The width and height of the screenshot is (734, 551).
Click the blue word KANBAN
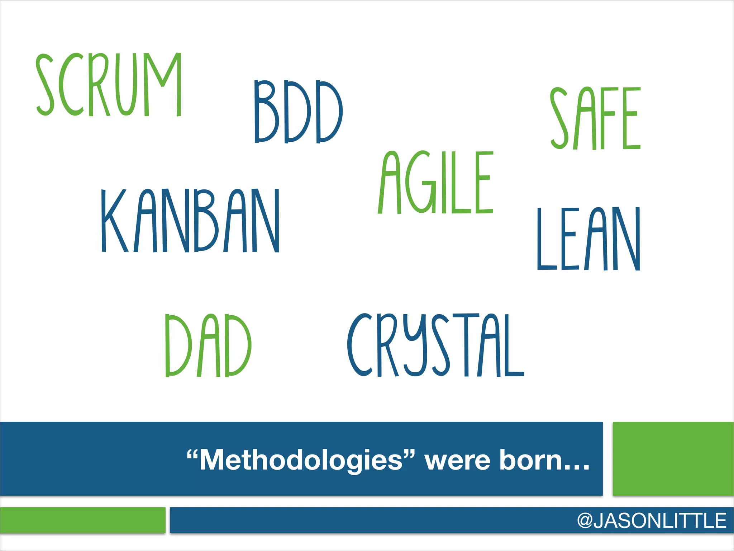(x=190, y=221)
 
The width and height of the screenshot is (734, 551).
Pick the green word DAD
(x=208, y=345)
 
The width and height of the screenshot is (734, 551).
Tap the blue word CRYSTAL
(x=435, y=345)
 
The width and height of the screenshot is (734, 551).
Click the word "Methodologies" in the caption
(x=301, y=460)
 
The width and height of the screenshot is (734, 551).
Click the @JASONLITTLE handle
(x=652, y=521)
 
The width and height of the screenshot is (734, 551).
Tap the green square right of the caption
(x=673, y=459)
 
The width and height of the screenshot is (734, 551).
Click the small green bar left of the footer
(x=83, y=520)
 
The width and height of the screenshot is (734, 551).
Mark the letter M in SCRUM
(x=163, y=85)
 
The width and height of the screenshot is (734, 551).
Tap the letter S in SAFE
(x=559, y=118)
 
